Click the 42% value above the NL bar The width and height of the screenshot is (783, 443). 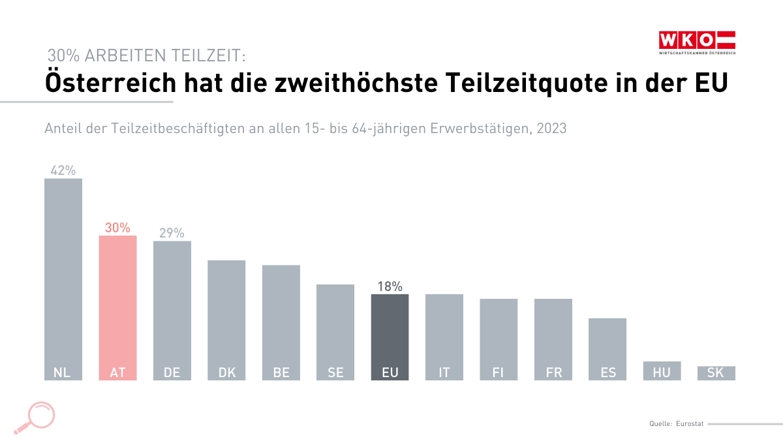tap(63, 170)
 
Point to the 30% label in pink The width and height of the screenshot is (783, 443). tap(117, 228)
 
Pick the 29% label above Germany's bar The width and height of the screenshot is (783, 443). tap(172, 233)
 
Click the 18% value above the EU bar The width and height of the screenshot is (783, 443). tap(390, 286)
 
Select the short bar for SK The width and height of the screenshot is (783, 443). tap(716, 373)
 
